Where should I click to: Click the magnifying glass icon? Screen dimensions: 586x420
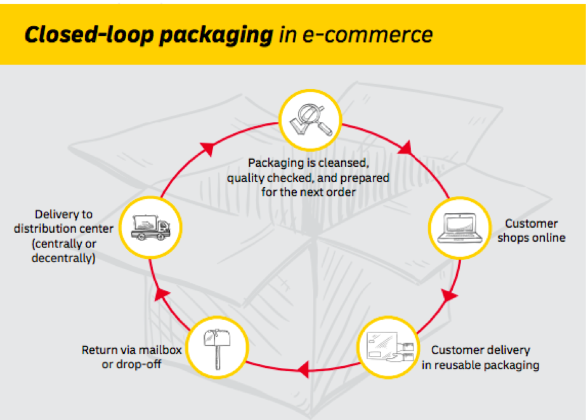point(311,120)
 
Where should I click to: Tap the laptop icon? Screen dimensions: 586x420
point(460,228)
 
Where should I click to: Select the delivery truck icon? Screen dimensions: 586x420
point(150,227)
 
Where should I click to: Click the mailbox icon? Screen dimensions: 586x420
point(217,348)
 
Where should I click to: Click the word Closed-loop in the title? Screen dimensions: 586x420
point(89,34)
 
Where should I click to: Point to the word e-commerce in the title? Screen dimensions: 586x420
point(367,34)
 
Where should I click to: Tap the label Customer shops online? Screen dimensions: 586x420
point(531,230)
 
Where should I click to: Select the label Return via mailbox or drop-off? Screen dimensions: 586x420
point(131,357)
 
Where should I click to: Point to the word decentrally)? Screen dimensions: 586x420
point(63,258)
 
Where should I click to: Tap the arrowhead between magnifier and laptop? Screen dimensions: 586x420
point(407,148)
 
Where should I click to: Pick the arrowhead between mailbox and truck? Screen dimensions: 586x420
point(162,294)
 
